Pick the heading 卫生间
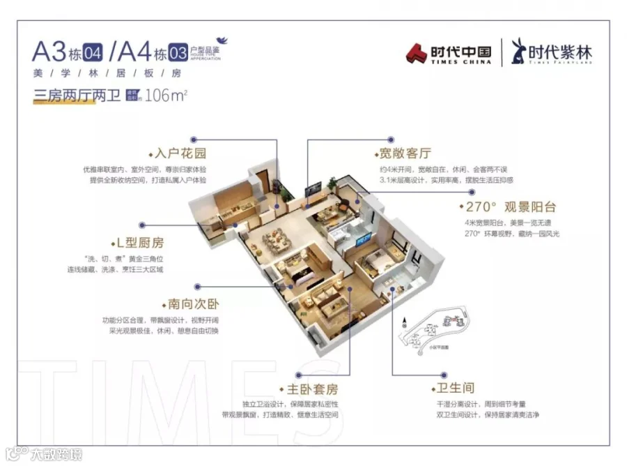point(456,389)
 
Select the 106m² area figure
point(167,96)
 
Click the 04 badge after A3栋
point(93,52)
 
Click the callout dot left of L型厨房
point(142,225)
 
